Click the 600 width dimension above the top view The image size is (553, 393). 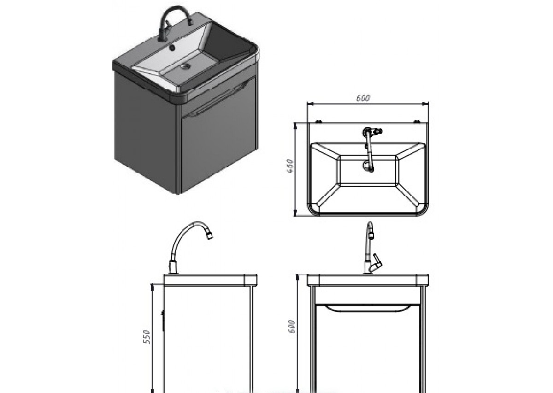click(x=363, y=98)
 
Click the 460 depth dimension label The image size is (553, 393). click(x=290, y=166)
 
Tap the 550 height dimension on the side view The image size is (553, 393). click(x=147, y=336)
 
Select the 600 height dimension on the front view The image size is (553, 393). click(x=292, y=327)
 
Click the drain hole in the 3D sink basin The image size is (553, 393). click(x=185, y=66)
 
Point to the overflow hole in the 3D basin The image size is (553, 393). click(x=172, y=48)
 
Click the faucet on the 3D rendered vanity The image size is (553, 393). click(x=175, y=24)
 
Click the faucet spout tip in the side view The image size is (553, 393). click(x=210, y=236)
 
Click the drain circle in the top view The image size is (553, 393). click(x=367, y=166)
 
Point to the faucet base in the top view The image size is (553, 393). click(x=367, y=132)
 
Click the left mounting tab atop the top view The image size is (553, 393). click(x=318, y=121)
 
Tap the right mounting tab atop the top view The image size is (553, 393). click(x=417, y=121)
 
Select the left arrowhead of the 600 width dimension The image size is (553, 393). click(x=310, y=104)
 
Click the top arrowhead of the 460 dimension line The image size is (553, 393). click(x=295, y=126)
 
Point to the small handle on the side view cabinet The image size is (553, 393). click(x=163, y=321)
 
